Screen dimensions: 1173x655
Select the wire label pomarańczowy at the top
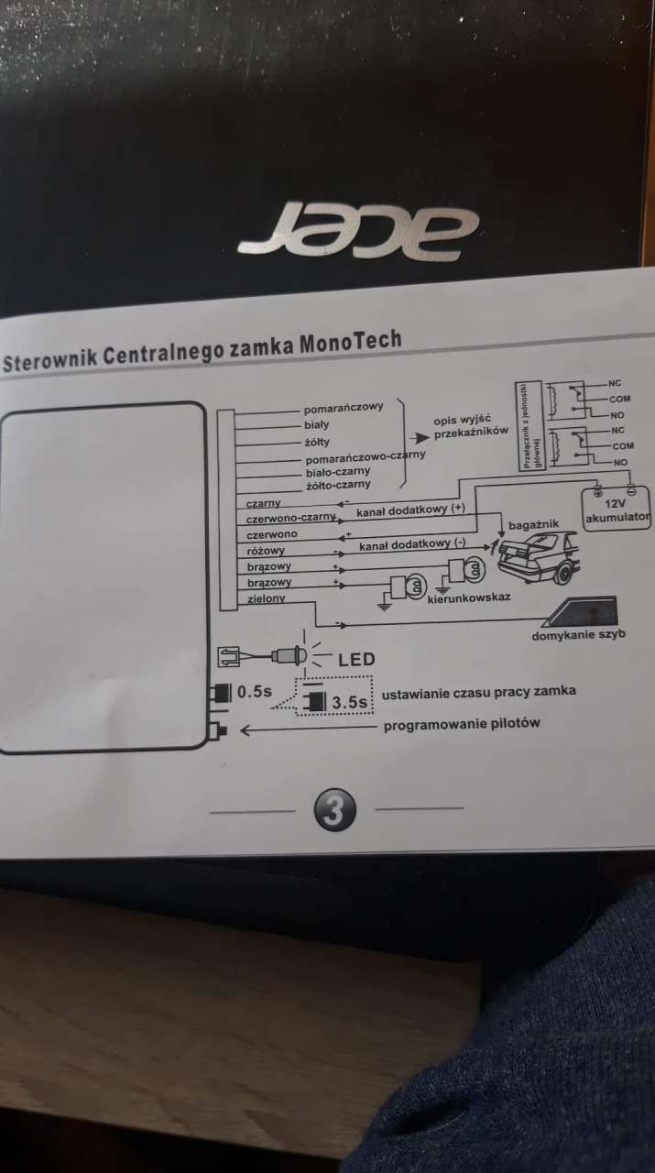pyautogui.click(x=344, y=409)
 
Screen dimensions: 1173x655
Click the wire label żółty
pyautogui.click(x=316, y=441)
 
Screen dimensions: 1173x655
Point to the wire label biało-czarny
pyautogui.click(x=337, y=471)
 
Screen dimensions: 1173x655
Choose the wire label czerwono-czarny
pyautogui.click(x=291, y=518)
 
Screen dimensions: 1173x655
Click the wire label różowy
pyautogui.click(x=266, y=551)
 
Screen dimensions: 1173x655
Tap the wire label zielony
pyautogui.click(x=267, y=598)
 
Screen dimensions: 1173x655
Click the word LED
pyautogui.click(x=356, y=659)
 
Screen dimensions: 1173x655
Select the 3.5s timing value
pyautogui.click(x=349, y=703)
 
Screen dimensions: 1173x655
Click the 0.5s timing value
pyautogui.click(x=255, y=692)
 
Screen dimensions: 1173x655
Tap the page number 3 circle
pyautogui.click(x=334, y=811)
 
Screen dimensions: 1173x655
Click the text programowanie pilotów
pyautogui.click(x=462, y=723)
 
